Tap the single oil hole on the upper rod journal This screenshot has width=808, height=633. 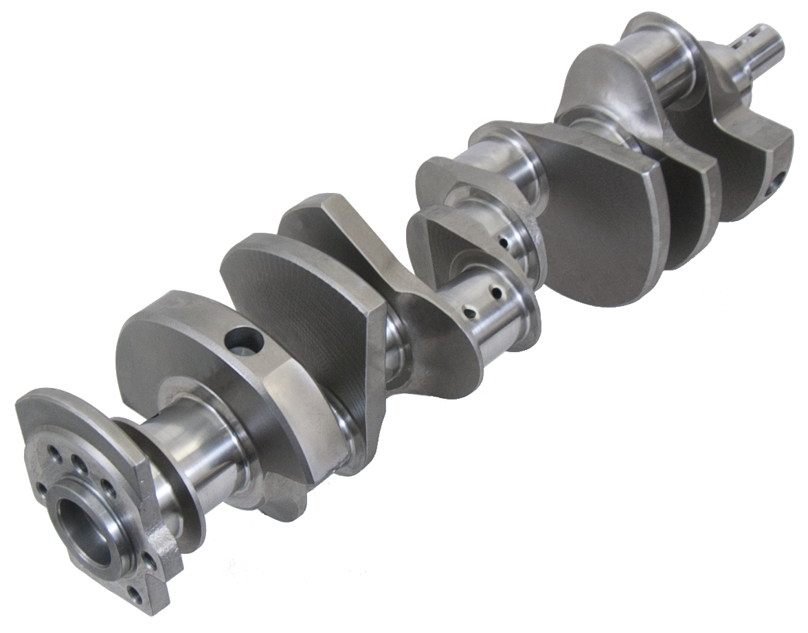tap(505, 242)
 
